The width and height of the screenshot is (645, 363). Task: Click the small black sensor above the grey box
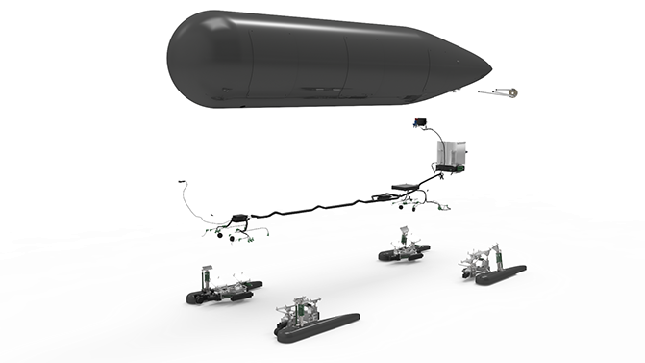pyautogui.click(x=420, y=123)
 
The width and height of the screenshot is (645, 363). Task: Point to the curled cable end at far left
pyautogui.click(x=185, y=192)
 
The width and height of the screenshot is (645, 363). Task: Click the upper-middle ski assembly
pyautogui.click(x=404, y=248)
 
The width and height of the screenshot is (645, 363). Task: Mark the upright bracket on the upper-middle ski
pyautogui.click(x=408, y=234)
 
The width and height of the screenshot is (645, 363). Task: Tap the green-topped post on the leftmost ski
pyautogui.click(x=207, y=273)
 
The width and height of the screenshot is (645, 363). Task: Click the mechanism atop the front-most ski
pyautogui.click(x=300, y=310)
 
